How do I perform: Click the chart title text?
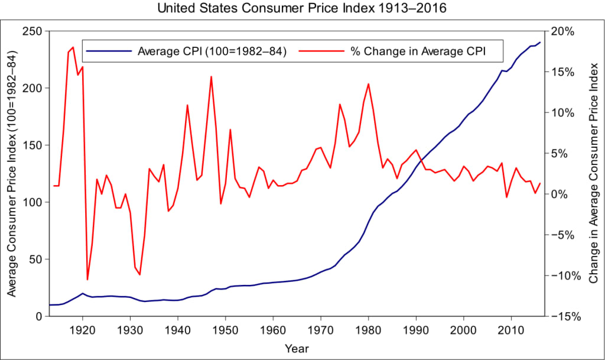tap(302, 9)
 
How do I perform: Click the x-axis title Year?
tap(297, 348)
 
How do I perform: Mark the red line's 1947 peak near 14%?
tap(211, 76)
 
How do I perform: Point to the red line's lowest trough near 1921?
tap(87, 279)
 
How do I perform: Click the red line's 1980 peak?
tap(369, 84)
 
